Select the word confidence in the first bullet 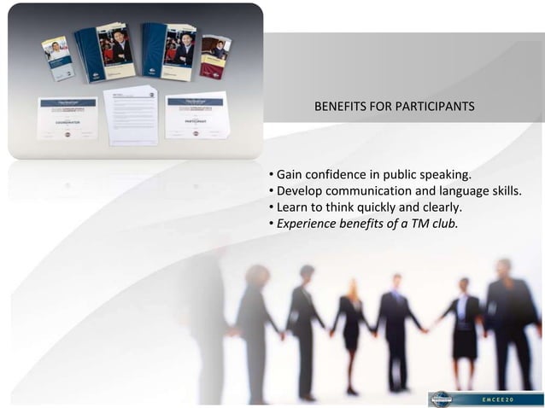click(342, 175)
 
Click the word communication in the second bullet click(368, 191)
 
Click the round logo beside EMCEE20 click(442, 399)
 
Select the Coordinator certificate click(67, 118)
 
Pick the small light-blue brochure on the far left click(58, 58)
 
